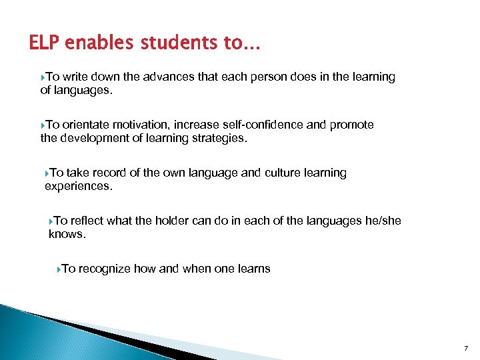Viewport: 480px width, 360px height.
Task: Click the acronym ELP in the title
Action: [45, 43]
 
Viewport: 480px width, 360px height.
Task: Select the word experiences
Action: [79, 187]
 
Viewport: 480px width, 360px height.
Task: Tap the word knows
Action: [67, 235]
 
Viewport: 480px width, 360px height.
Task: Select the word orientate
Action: [85, 125]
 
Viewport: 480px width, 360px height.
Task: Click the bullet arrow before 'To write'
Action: [43, 77]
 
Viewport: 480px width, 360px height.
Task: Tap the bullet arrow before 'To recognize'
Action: [59, 269]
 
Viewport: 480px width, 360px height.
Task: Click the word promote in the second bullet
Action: [353, 125]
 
